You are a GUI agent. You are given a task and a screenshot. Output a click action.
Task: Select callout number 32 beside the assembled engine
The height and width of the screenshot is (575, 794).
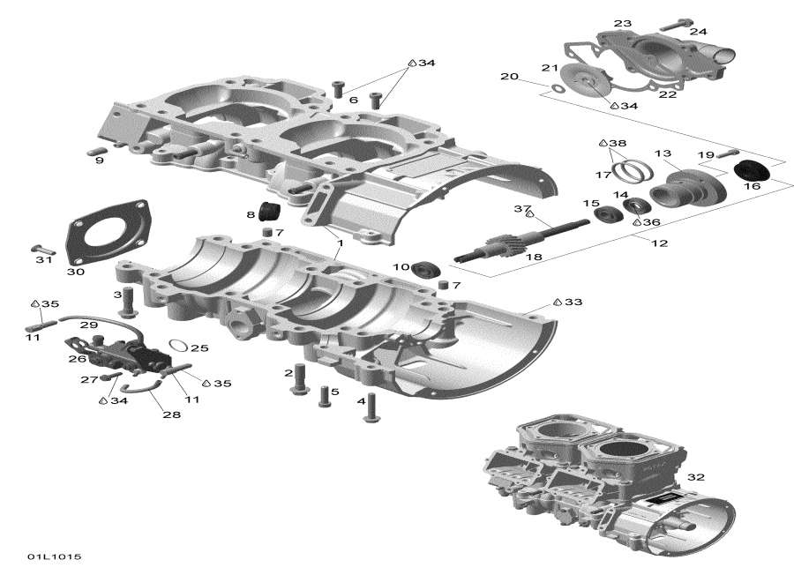coord(696,477)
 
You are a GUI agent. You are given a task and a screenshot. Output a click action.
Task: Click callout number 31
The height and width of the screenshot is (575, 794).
coord(44,259)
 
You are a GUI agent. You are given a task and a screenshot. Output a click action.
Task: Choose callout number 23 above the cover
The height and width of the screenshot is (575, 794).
coord(623,23)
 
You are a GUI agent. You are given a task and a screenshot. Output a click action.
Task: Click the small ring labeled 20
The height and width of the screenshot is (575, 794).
coord(556,87)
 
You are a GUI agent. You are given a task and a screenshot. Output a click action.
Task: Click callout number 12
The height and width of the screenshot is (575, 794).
coord(657,243)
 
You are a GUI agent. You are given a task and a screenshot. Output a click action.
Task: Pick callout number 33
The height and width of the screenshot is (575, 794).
coord(573,302)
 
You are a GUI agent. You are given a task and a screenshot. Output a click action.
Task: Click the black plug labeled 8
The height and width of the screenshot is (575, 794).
coord(268,212)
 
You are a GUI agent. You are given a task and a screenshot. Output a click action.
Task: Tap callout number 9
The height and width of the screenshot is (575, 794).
coord(100,161)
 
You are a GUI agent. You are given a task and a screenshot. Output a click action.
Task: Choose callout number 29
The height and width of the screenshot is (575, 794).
coord(89,325)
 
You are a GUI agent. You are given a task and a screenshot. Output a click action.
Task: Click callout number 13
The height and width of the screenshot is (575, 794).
coord(662,154)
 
